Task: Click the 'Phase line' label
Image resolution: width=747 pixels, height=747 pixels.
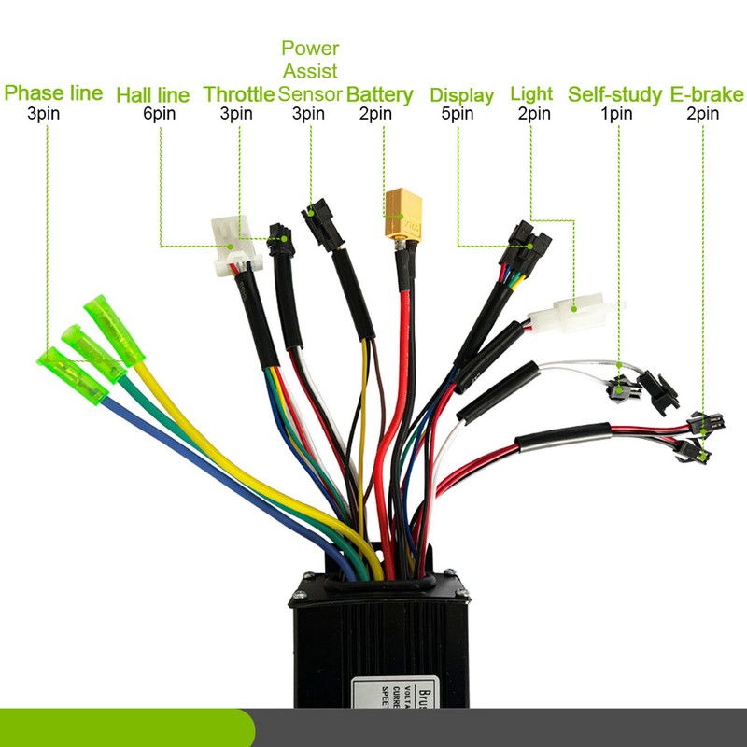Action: coord(54,93)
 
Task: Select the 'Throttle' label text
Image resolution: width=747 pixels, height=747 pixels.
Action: coord(239,94)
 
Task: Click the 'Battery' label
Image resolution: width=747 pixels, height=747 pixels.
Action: coord(379,94)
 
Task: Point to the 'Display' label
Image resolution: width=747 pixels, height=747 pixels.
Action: coord(461,95)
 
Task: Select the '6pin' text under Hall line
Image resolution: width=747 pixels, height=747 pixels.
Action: coord(159,114)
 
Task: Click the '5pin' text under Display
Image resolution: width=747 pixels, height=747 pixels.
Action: coord(458,114)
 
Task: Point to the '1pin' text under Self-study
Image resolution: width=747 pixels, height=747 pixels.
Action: coord(616,114)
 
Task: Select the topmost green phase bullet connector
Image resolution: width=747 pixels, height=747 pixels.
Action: coord(110,322)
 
